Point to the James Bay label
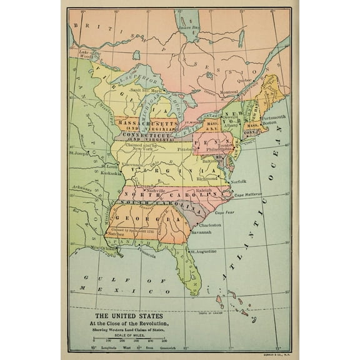(x=188, y=28)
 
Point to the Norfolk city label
(x=236, y=181)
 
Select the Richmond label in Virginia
(x=207, y=179)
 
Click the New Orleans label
(x=105, y=248)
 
